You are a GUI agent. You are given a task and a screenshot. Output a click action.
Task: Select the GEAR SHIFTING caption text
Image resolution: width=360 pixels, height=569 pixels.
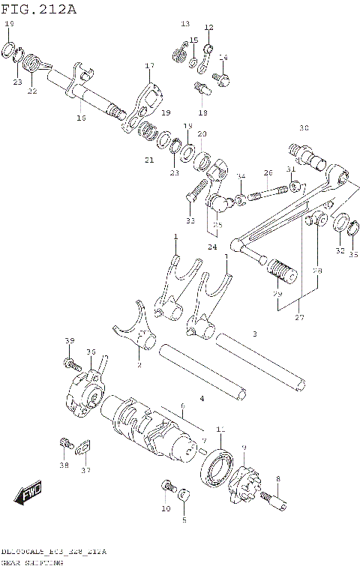[31, 561]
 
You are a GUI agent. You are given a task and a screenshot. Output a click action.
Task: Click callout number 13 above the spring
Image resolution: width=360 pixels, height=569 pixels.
[185, 24]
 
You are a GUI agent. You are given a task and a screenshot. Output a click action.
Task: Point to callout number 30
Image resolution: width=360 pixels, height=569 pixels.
[304, 127]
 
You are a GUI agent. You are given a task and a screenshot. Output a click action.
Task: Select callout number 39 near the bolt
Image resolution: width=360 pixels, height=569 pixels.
[70, 341]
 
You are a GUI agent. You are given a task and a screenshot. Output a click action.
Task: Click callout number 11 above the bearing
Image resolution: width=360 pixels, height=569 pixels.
[220, 429]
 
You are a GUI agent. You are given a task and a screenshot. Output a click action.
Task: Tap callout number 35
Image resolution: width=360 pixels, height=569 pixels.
[352, 254]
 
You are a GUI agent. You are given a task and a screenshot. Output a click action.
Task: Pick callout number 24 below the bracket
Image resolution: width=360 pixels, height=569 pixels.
[213, 247]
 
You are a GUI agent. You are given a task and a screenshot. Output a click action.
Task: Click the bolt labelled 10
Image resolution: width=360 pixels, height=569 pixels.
[166, 489]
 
